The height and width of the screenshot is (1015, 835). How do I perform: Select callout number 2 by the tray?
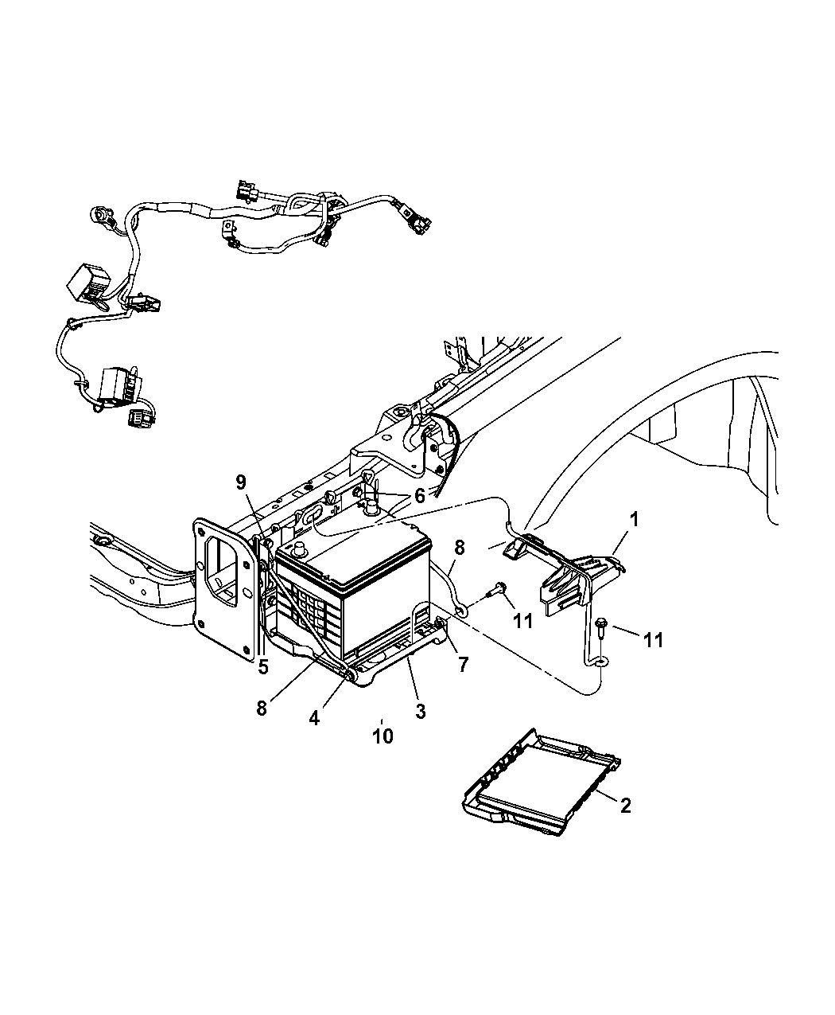(x=625, y=806)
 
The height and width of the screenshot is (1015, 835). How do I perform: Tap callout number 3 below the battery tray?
(x=420, y=711)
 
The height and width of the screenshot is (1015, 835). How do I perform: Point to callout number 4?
(x=315, y=717)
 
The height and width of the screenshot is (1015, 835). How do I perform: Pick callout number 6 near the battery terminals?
(x=419, y=495)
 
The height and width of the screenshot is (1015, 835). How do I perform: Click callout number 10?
(x=383, y=736)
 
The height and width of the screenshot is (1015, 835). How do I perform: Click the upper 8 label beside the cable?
(x=459, y=548)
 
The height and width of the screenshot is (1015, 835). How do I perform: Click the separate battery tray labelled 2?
(x=541, y=784)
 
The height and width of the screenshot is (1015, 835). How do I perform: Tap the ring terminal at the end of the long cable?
(x=597, y=660)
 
